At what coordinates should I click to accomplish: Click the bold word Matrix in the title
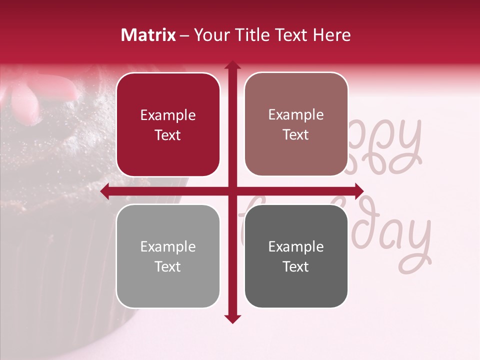pos(148,35)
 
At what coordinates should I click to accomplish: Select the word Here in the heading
pos(332,35)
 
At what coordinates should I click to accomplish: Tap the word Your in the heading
pos(213,35)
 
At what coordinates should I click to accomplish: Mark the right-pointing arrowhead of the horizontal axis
pos(358,191)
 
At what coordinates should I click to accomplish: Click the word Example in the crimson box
pos(168,115)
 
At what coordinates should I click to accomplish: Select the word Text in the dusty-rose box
pos(296,135)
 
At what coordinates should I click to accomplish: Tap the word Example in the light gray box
pos(168,247)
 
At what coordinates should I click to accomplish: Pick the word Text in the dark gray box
pos(296,267)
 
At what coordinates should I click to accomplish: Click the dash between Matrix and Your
pos(184,35)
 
